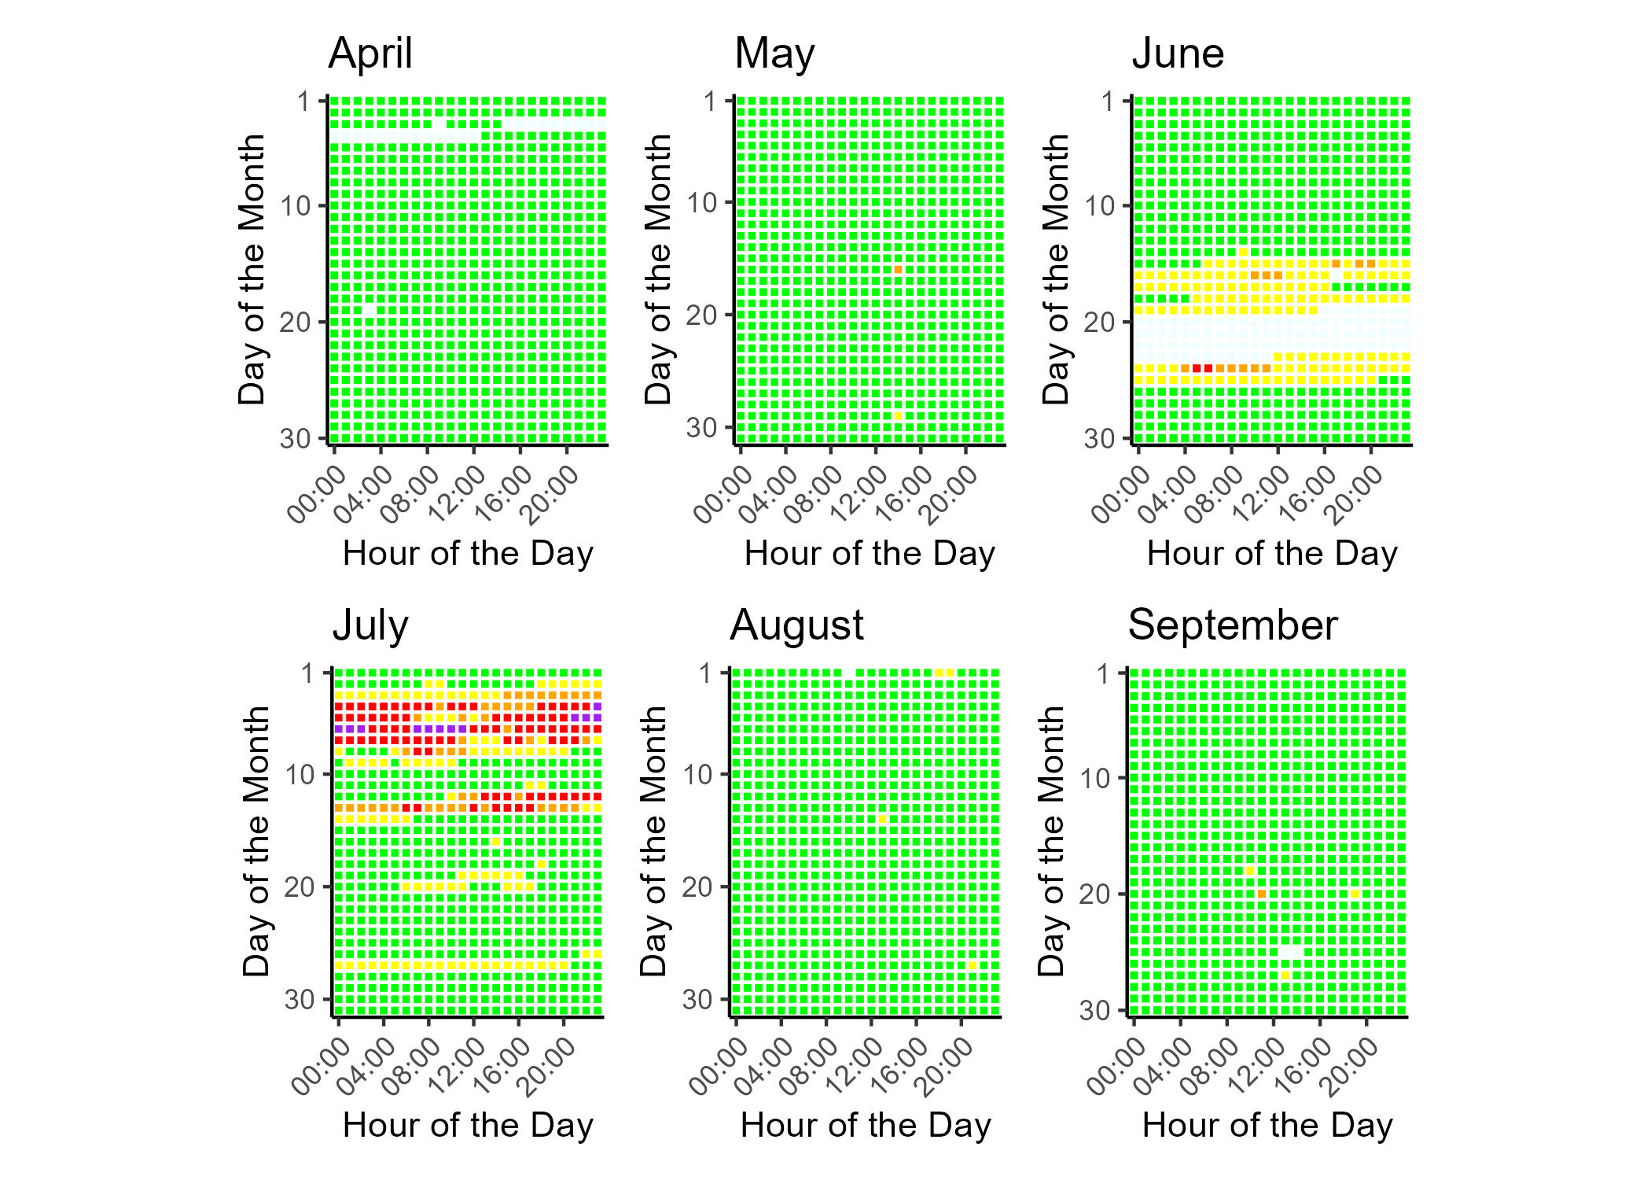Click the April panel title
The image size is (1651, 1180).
point(370,53)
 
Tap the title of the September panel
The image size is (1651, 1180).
point(1232,625)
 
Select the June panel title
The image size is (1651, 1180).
point(1178,53)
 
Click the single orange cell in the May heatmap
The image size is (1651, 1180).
point(898,270)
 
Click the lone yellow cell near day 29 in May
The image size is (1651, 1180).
point(898,416)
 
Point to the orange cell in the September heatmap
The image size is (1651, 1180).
point(1261,894)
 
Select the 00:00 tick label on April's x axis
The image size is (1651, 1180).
point(316,493)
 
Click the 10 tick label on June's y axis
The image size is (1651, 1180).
point(1100,207)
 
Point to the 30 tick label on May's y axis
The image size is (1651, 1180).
point(701,428)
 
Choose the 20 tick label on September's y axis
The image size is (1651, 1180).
point(1094,895)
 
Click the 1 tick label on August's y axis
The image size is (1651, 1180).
point(706,673)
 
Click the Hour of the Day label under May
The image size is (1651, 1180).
point(870,554)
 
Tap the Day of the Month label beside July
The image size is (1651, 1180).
point(256,842)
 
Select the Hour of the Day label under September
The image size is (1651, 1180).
point(1267,1125)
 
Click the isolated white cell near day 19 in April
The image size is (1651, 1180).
point(370,311)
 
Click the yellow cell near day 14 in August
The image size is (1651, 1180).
point(882,819)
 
